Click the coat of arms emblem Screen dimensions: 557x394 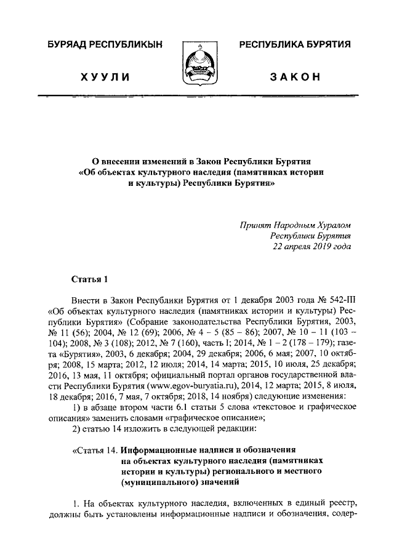click(x=196, y=63)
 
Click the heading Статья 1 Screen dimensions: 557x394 click(x=89, y=279)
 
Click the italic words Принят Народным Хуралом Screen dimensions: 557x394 click(x=295, y=225)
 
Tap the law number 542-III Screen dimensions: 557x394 click(x=335, y=300)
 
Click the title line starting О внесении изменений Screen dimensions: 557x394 click(x=197, y=161)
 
